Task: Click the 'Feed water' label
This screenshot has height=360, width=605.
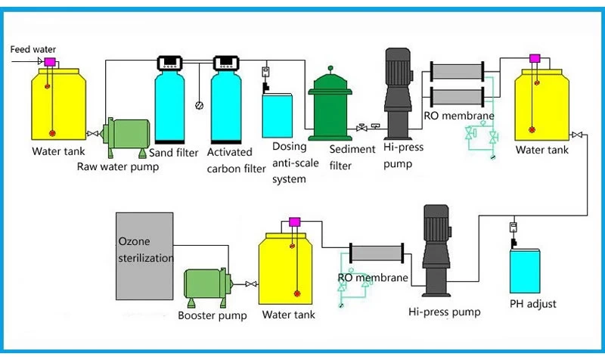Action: (x=33, y=50)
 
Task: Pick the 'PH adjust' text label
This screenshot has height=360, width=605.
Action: (x=533, y=304)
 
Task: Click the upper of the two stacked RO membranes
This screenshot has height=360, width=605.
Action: (x=455, y=73)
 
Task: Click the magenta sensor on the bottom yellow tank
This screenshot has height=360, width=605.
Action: (x=295, y=222)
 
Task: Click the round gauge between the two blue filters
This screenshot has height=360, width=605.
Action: (x=199, y=105)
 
